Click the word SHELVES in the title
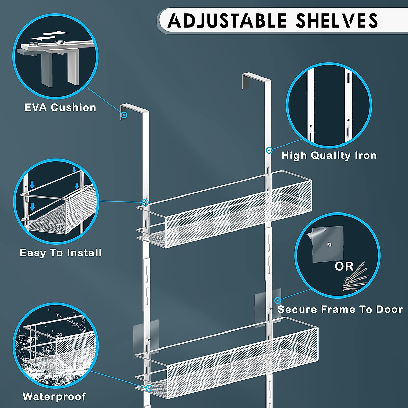pyautogui.click(x=337, y=21)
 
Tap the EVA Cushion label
pyautogui.click(x=60, y=108)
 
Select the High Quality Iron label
pyautogui.click(x=329, y=156)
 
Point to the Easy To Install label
pyautogui.click(x=61, y=253)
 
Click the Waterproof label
pyautogui.click(x=54, y=396)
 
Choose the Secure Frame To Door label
pyautogui.click(x=340, y=309)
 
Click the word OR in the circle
pyautogui.click(x=344, y=266)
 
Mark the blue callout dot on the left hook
pyautogui.click(x=124, y=115)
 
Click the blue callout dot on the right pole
pyautogui.click(x=269, y=150)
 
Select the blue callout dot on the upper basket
pyautogui.click(x=145, y=202)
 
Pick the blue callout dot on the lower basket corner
pyautogui.click(x=148, y=388)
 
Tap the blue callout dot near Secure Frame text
pyautogui.click(x=278, y=300)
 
